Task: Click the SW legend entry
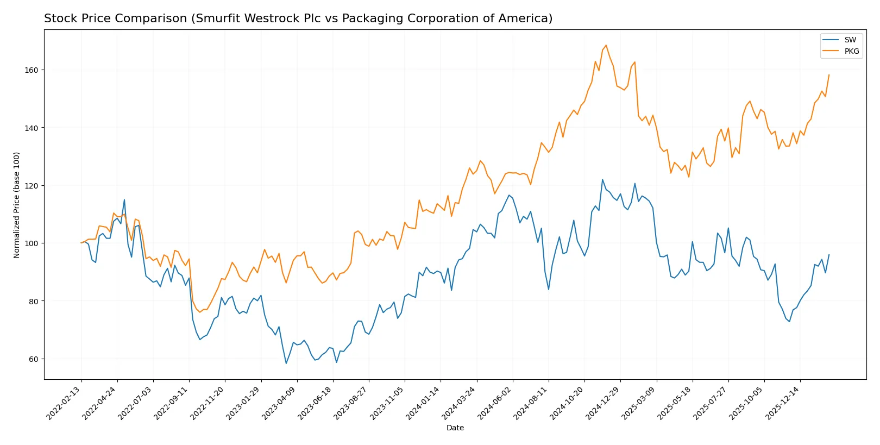pos(850,40)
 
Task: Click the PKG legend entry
pos(851,52)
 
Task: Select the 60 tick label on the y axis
pos(33,359)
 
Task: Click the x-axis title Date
pos(455,428)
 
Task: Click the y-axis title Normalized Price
pos(16,205)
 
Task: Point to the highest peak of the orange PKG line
pos(606,46)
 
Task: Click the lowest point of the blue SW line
pos(286,363)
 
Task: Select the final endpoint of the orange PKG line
pos(829,75)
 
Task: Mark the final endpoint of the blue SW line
pos(829,254)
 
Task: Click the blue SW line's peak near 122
pos(602,179)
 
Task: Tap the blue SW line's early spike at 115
pos(124,199)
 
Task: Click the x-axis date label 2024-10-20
pos(568,403)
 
